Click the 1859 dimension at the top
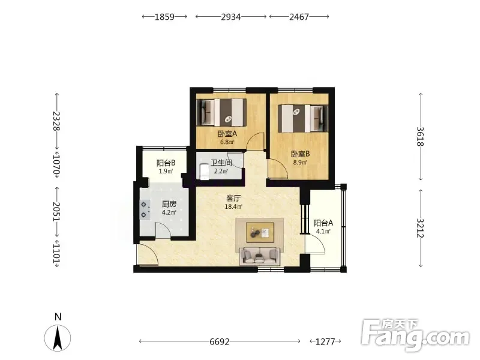click(x=164, y=17)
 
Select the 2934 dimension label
click(x=231, y=17)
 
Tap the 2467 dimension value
click(x=299, y=17)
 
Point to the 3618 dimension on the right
click(x=421, y=137)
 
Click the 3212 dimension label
click(x=421, y=228)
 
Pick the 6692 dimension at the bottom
click(x=219, y=341)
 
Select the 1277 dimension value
click(x=325, y=341)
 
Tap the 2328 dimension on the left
click(x=56, y=121)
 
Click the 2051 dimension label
click(x=56, y=211)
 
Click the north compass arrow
click(x=58, y=338)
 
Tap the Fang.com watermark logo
click(x=415, y=335)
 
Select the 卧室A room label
click(x=227, y=134)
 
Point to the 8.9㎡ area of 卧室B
click(x=300, y=163)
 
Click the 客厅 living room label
click(x=233, y=199)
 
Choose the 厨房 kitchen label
click(x=169, y=204)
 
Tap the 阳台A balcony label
click(x=323, y=223)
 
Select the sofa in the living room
click(x=260, y=256)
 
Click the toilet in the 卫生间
click(x=203, y=172)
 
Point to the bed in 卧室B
click(x=303, y=119)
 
